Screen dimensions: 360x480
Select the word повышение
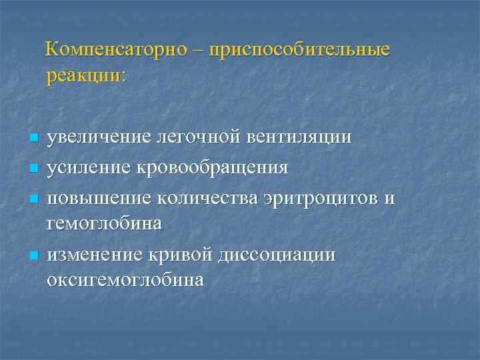pyautogui.click(x=98, y=198)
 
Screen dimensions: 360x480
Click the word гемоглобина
pyautogui.click(x=104, y=223)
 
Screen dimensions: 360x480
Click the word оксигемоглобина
pyautogui.click(x=125, y=280)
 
